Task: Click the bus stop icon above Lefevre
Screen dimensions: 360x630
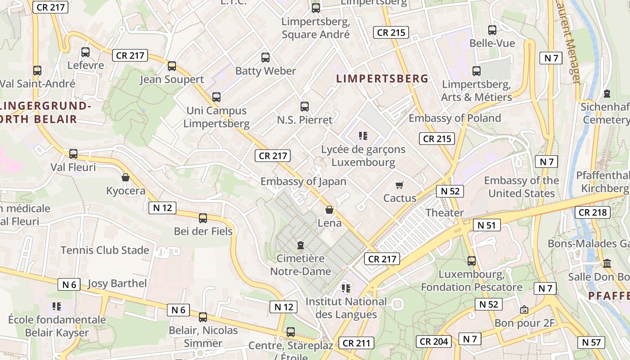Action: pos(85,52)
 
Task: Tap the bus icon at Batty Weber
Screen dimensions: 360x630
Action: pos(265,58)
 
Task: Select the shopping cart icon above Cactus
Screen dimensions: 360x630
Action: pos(399,185)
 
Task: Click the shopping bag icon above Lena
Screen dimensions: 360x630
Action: pos(329,210)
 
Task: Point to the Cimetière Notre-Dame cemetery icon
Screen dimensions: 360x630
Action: pos(300,245)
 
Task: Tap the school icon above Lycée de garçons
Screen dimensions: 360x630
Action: pos(363,135)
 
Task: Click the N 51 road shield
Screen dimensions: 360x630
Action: pos(486,225)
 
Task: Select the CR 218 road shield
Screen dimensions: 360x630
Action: pos(592,212)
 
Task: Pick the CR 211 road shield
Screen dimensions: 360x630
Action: pos(356,343)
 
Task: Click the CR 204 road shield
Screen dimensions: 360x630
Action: pos(433,341)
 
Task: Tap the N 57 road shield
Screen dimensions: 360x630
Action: pos(591,342)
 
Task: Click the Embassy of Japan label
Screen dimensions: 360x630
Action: pos(303,181)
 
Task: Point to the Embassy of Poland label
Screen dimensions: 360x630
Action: pos(454,118)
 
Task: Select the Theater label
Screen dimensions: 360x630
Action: pos(445,212)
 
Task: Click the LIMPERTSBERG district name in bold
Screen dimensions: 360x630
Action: pos(382,79)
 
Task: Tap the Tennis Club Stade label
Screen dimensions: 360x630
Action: pos(105,250)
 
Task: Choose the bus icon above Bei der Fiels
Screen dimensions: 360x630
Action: pos(203,218)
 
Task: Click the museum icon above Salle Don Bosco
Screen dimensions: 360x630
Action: pos(607,263)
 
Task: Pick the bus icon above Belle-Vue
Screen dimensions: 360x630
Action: pos(492,30)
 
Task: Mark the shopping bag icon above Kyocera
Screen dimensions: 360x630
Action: pos(126,177)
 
